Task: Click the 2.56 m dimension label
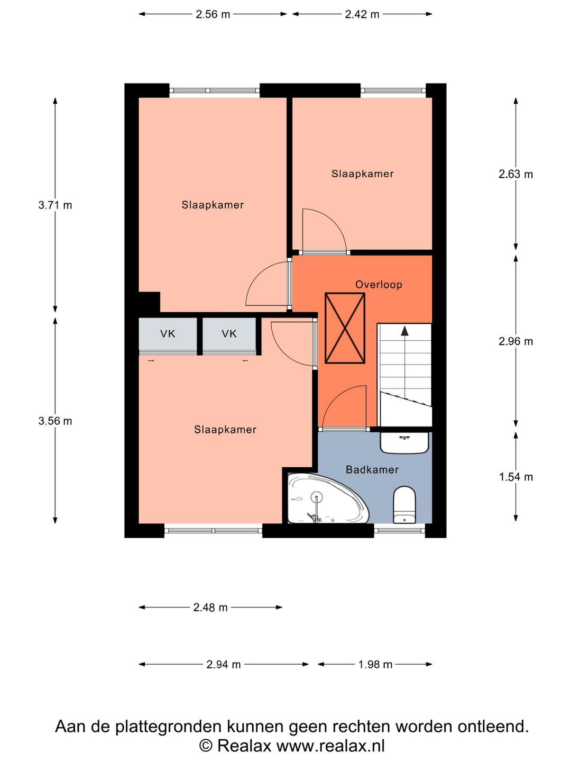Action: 213,14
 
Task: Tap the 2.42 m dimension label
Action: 362,14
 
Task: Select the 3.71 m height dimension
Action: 55,205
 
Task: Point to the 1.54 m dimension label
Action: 515,477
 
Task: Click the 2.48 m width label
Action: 210,607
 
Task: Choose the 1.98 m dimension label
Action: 375,664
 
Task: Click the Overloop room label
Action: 379,285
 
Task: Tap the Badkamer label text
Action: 372,470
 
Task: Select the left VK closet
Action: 168,334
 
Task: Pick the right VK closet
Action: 229,334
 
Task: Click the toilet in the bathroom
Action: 404,505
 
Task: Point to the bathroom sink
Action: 404,442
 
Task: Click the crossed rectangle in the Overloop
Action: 345,328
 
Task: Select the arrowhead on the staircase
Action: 404,331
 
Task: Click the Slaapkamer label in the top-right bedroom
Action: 362,174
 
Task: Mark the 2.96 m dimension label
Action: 515,341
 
